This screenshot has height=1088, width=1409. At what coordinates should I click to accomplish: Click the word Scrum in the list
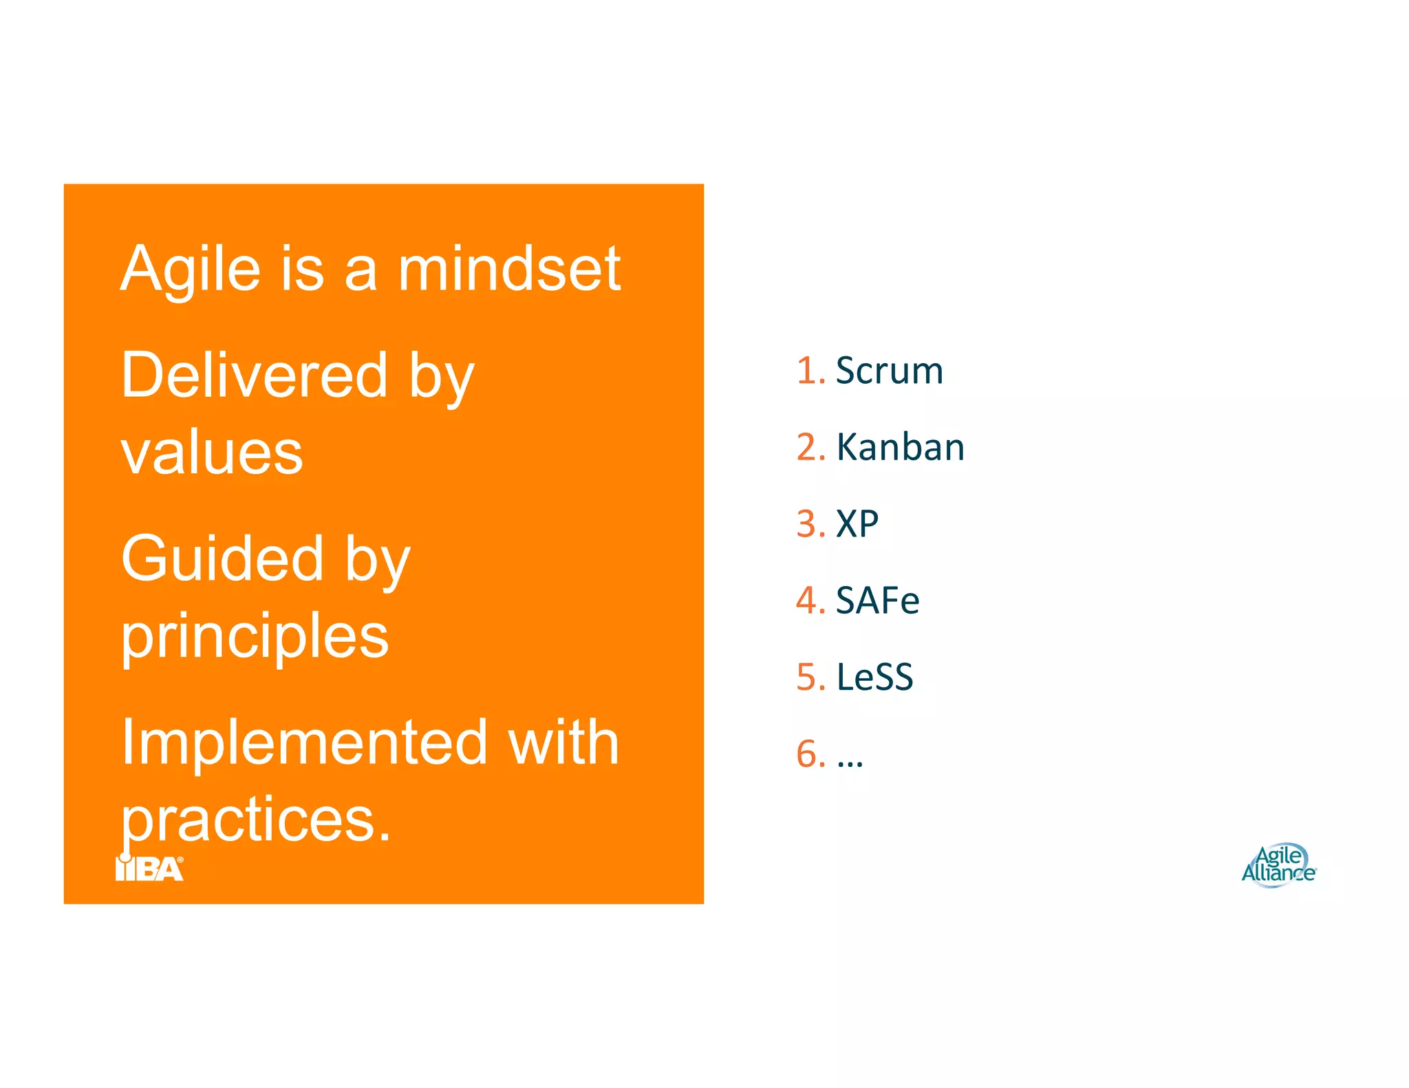pos(889,371)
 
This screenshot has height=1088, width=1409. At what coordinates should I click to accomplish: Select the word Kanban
pos(900,448)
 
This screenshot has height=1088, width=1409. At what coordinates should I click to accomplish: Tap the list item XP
pos(857,524)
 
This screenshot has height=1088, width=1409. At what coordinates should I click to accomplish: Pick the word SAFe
pos(877,600)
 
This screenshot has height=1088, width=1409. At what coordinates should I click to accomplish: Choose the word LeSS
pos(874,677)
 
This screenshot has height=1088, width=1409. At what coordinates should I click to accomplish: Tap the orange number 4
pos(808,600)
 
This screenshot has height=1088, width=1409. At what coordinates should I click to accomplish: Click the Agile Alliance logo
pos(1278,865)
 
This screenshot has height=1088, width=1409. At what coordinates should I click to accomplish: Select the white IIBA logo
pos(150,869)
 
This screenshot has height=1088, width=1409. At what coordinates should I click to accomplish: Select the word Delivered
pos(255,376)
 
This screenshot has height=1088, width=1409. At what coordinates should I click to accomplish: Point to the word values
pos(212,453)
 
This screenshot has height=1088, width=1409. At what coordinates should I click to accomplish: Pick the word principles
pos(255,637)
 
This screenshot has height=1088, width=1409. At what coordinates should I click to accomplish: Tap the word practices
pos(256,820)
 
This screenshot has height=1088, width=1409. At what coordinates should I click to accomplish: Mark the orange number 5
pos(808,677)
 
